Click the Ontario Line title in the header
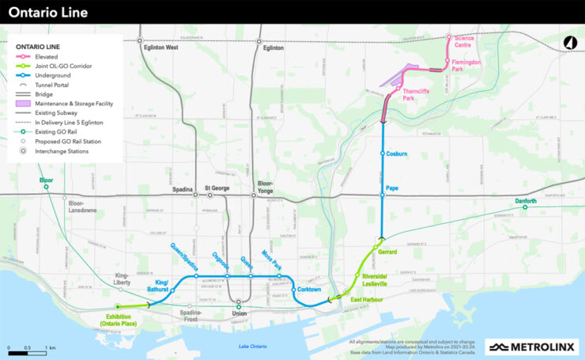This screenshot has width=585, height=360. pos(48,13)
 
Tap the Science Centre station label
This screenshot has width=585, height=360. pos(464,40)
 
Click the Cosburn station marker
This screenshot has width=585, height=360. pos(383,153)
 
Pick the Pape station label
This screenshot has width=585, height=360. pos(393,188)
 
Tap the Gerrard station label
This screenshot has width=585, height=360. pos(388,252)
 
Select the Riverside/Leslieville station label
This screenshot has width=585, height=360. pos(375,280)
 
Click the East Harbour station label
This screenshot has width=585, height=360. pos(367,300)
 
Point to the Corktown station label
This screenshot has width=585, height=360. pos(309,290)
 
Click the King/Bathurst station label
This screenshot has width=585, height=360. pos(161,286)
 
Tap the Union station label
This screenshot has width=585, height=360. pos(238,312)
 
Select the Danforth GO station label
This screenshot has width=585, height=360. pos(526,201)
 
